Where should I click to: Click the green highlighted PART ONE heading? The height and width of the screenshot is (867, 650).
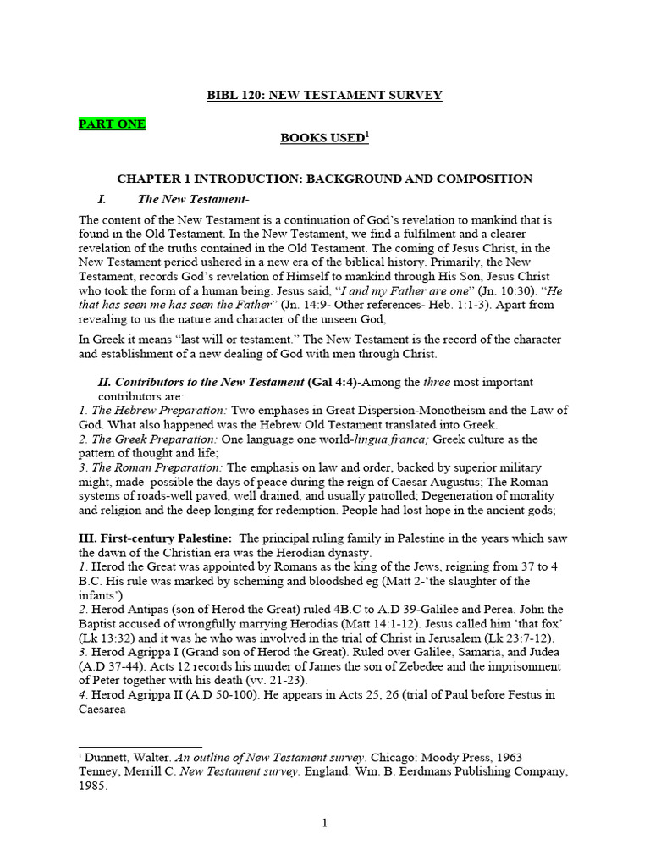(x=112, y=124)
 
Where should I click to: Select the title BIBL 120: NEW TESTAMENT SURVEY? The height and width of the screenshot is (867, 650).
(x=325, y=96)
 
